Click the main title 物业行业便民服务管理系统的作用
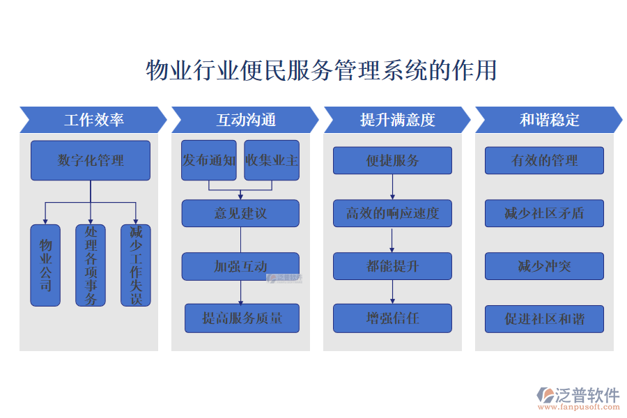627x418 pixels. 321,71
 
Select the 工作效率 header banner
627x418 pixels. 93,120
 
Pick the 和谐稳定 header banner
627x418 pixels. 549,120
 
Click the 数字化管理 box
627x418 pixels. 91,160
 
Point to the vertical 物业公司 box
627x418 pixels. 45,265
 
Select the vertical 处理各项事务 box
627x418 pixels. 91,265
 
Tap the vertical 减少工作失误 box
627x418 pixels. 136,265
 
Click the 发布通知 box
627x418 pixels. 209,160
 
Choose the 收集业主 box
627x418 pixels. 272,160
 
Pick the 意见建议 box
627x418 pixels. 240,213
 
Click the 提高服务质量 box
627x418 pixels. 242,318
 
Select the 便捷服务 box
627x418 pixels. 392,160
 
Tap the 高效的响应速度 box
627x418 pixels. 392,213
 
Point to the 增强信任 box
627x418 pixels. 392,318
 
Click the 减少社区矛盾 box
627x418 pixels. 544,213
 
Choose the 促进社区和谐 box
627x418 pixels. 544,319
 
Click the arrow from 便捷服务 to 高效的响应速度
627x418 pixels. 392,187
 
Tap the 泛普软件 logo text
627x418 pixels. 587,395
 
